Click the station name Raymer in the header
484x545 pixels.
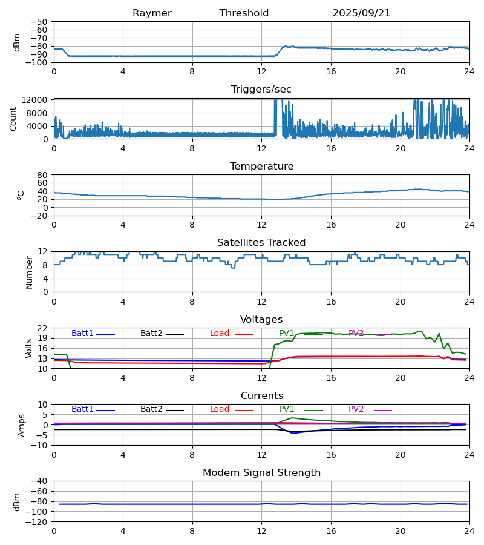152,13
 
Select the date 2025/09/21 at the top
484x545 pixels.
361,13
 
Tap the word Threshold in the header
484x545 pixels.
244,13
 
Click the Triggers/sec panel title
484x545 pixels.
261,90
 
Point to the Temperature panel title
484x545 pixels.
261,167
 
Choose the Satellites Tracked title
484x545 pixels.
261,243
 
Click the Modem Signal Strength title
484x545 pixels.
261,473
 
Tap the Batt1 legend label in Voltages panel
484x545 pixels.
82,334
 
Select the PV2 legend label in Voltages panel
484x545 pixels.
356,334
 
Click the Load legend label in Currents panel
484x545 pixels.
220,409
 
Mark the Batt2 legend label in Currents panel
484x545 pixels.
151,409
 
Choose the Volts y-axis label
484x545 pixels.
29,348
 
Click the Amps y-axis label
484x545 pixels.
22,425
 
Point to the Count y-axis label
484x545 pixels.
13,119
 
